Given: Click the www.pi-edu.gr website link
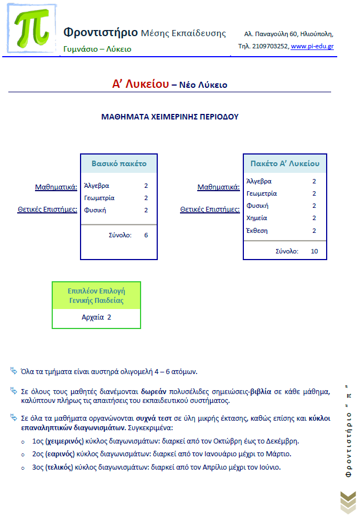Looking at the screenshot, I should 312,46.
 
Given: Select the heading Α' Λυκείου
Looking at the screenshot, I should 140,84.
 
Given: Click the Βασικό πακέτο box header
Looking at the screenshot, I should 119,164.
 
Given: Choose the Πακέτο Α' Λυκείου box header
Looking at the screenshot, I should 285,164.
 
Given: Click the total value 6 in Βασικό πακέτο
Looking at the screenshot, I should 146,235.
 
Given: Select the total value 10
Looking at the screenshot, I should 314,251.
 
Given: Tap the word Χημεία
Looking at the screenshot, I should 257,218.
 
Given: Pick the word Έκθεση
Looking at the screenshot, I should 257,231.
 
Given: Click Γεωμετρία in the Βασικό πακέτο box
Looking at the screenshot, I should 99,198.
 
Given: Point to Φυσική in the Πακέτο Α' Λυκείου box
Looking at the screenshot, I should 257,206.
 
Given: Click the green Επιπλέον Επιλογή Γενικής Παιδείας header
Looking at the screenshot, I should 96,296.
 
